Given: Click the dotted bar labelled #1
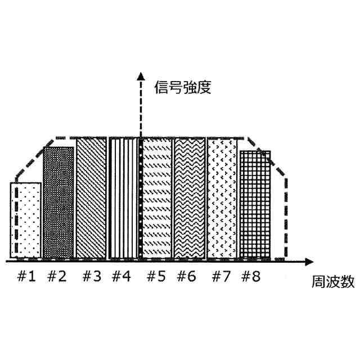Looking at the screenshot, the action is point(25,220).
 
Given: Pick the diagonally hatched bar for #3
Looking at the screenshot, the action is point(91,198).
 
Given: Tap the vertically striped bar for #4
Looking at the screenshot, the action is point(123,198).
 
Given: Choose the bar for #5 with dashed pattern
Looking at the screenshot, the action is point(156,198).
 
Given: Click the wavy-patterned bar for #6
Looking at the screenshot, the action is point(190,198).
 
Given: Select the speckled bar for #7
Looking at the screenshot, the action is point(223,198).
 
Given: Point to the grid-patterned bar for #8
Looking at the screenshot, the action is point(255,205).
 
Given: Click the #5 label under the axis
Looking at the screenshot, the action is point(157,277).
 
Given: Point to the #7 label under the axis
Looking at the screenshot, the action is point(223,277).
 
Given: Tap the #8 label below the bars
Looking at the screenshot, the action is point(251,277).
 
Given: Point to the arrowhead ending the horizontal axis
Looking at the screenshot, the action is point(309,262).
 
